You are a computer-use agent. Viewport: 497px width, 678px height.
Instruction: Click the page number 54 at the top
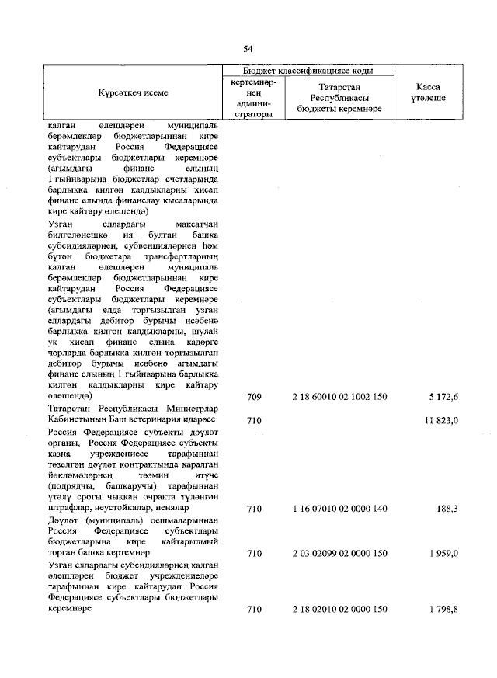tap(248, 49)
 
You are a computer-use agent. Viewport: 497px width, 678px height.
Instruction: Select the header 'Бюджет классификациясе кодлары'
tap(307, 70)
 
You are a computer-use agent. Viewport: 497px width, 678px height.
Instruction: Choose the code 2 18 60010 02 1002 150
tap(339, 397)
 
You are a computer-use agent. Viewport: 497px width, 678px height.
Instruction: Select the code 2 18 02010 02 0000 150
tap(339, 610)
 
